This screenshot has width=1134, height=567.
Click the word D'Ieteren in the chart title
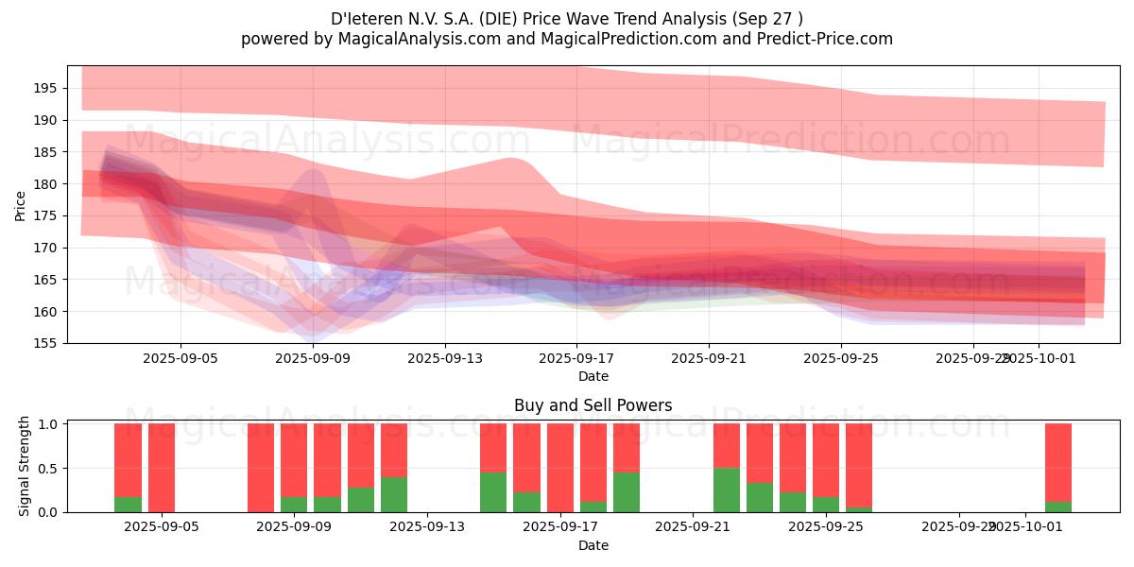pyautogui.click(x=363, y=19)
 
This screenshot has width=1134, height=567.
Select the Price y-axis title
pyautogui.click(x=21, y=204)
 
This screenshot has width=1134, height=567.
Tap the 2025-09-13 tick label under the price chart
pyautogui.click(x=445, y=359)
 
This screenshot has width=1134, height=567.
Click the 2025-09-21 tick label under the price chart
pyautogui.click(x=709, y=359)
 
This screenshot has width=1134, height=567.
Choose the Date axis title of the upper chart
pyautogui.click(x=593, y=376)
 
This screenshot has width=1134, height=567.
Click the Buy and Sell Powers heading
pyautogui.click(x=593, y=405)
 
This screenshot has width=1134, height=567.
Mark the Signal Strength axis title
pyautogui.click(x=25, y=466)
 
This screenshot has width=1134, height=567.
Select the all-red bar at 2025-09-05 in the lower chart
pyautogui.click(x=162, y=468)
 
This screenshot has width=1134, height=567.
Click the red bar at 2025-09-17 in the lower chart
pyautogui.click(x=560, y=468)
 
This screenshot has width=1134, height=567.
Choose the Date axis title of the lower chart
pyautogui.click(x=593, y=545)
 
